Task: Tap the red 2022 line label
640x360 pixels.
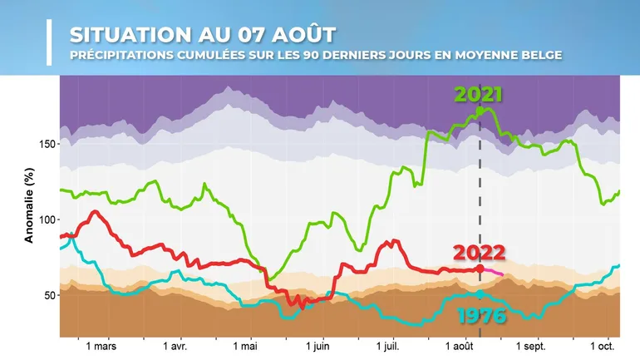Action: [479, 253]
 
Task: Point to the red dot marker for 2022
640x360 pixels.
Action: [480, 269]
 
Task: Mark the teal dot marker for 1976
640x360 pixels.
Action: [480, 293]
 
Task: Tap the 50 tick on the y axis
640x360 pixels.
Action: [48, 295]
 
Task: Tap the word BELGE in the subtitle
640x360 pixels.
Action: [539, 56]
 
